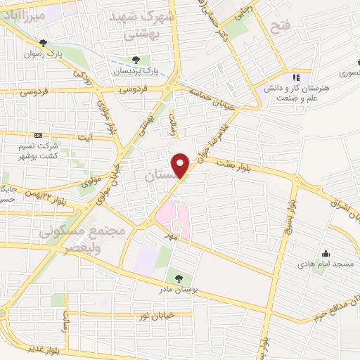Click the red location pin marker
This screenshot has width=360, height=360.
(x=181, y=166)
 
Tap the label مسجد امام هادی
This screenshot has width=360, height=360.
(x=326, y=264)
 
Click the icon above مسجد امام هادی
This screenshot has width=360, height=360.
(x=326, y=253)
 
